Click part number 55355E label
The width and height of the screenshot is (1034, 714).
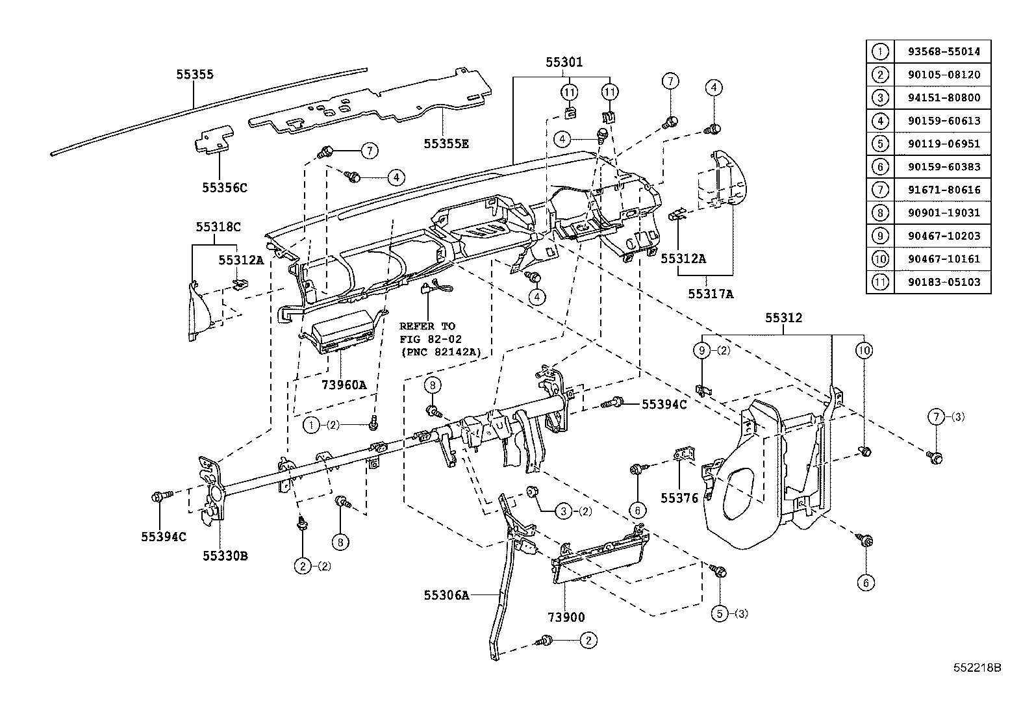click(446, 144)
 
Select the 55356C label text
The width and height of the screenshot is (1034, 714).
click(225, 188)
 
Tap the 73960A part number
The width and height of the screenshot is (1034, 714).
click(344, 385)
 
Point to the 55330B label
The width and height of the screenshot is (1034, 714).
click(225, 556)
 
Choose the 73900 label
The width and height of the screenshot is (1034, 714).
click(566, 617)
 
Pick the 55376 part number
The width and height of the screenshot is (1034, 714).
click(679, 498)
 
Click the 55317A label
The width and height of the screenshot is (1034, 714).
click(711, 294)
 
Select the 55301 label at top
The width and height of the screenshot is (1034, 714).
click(564, 62)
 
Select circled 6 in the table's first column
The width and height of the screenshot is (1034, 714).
click(880, 167)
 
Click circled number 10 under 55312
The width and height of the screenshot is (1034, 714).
click(864, 351)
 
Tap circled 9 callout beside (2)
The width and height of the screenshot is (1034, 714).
click(702, 351)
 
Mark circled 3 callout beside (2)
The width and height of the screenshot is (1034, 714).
click(563, 511)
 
